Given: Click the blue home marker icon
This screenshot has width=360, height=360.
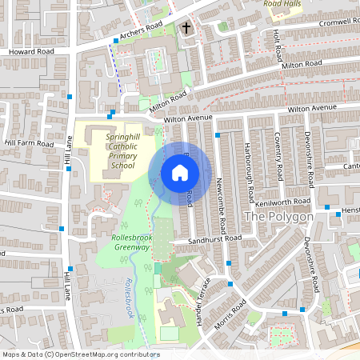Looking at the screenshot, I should pyautogui.click(x=180, y=173).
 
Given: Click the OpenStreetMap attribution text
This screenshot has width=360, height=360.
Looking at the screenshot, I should pyautogui.click(x=81, y=354).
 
